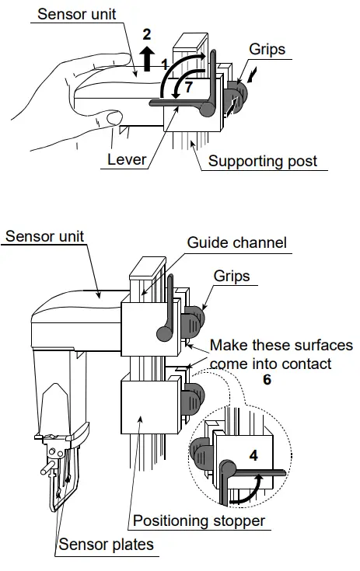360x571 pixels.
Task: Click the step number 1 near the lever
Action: tap(164, 61)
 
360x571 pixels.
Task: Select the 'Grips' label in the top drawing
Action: tap(267, 49)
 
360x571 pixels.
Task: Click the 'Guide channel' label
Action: tap(236, 242)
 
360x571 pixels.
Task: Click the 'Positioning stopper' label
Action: tap(201, 520)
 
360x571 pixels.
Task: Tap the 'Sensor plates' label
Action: tap(105, 544)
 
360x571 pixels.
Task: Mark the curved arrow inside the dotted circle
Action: tap(246, 488)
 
